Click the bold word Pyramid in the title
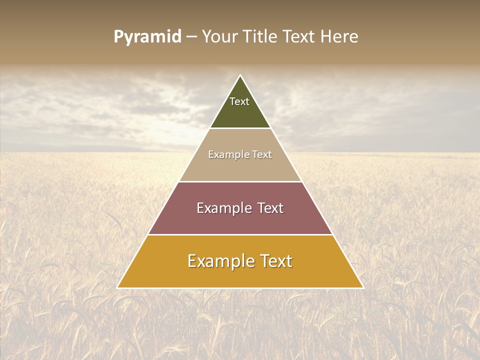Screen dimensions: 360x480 point(147,37)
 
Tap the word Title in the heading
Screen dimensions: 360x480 point(260,37)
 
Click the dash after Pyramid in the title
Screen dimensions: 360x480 point(191,37)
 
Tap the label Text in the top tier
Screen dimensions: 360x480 point(239,101)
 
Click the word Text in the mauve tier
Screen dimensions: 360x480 point(270,208)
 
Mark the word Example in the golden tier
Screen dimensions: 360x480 point(221,261)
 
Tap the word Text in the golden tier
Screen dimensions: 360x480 point(276,261)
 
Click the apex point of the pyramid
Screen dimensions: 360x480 point(240,75)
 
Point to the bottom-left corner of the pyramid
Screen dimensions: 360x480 point(117,287)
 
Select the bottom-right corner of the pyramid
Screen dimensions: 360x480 point(363,287)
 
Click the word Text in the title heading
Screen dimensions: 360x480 point(299,37)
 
